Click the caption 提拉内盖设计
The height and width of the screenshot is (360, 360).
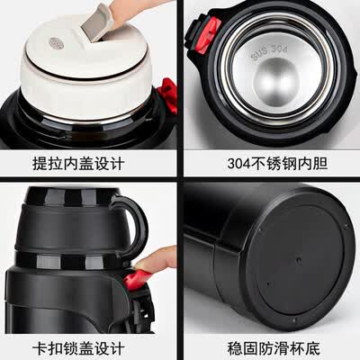[x=78, y=164]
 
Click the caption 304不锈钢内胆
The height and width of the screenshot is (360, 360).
[x=277, y=164]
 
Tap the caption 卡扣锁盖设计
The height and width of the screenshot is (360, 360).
[x=78, y=348]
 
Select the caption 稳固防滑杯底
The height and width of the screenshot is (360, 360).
[x=274, y=348]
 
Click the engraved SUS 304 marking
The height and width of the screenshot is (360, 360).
[x=269, y=52]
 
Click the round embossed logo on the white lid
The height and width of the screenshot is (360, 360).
[x=56, y=43]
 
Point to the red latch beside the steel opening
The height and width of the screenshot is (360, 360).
[x=209, y=35]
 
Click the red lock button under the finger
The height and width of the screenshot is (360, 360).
[x=136, y=279]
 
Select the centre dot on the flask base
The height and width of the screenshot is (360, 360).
[x=298, y=259]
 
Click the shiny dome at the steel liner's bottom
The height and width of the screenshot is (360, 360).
[x=275, y=82]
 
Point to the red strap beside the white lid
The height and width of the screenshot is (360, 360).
[x=167, y=95]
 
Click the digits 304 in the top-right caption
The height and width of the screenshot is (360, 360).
[x=238, y=164]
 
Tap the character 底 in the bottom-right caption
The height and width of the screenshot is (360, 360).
[x=312, y=348]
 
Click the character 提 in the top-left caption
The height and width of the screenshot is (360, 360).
[x=40, y=164]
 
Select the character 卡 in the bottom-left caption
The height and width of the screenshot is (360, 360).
[x=40, y=348]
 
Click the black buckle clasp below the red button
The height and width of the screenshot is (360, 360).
[x=141, y=312]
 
